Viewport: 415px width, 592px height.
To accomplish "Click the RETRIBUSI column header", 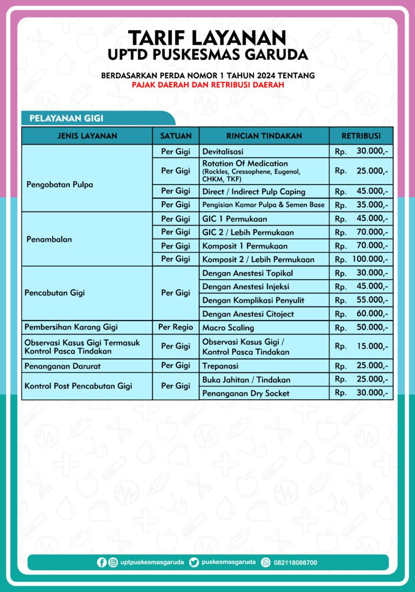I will (361, 136).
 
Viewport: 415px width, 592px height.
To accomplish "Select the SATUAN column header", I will (176, 136).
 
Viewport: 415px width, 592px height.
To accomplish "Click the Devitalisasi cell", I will (223, 152).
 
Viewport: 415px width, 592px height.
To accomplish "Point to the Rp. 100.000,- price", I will (361, 260).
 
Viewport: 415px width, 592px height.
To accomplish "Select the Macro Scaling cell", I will (227, 328).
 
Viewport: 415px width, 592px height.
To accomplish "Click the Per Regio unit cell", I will (176, 327).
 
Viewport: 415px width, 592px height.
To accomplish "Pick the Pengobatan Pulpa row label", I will (59, 185).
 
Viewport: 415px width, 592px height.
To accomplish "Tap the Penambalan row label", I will (49, 239).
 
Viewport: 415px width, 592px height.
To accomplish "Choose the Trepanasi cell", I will (220, 366).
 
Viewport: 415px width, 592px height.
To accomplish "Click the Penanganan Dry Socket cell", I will (245, 393).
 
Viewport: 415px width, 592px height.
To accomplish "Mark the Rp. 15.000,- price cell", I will (361, 346).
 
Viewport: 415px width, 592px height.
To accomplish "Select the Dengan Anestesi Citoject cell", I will (247, 314).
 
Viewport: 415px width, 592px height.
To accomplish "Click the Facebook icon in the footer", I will (102, 562).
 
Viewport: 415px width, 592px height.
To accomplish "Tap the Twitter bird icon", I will (194, 562).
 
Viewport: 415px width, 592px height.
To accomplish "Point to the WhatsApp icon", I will (266, 562).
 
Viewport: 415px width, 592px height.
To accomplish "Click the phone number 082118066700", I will (296, 563).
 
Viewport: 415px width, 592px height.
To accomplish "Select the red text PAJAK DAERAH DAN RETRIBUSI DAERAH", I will (207, 85).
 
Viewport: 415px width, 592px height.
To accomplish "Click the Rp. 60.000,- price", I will (361, 314).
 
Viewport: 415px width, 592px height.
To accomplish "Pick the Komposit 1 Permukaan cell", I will (244, 246).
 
